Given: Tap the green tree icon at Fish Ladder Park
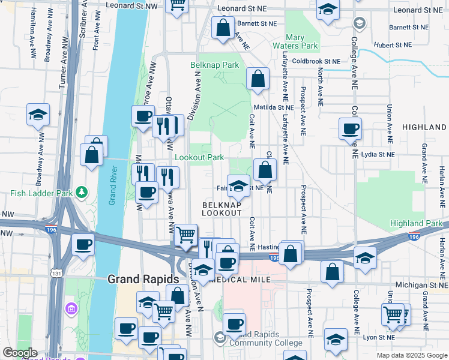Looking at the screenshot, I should (82, 193).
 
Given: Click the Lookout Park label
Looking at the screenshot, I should (199, 157).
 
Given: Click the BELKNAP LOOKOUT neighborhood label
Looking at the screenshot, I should (221, 209).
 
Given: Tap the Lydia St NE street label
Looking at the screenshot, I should (378, 154).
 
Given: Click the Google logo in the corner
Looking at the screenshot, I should (20, 353).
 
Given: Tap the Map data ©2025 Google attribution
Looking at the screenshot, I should (411, 355).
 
